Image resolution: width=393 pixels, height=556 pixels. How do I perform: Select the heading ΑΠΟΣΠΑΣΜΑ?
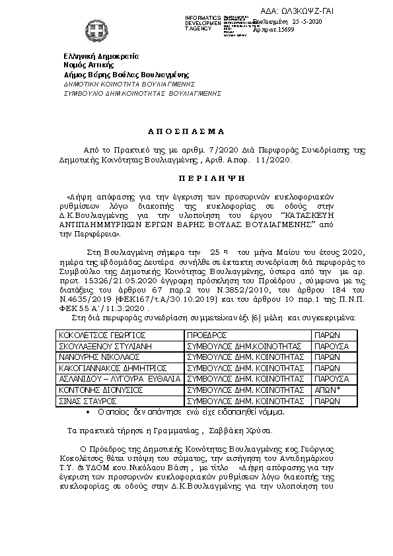(x=196, y=131)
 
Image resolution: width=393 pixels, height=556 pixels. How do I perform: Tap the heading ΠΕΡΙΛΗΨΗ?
(x=196, y=178)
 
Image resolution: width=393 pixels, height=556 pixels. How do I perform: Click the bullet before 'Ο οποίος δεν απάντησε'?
(x=89, y=412)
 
